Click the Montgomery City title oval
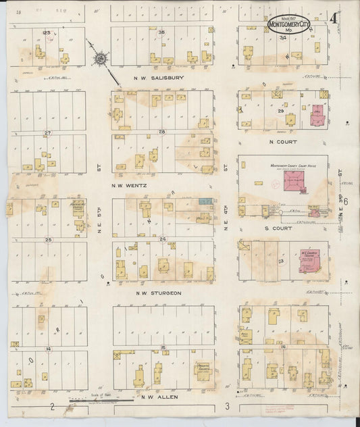(289, 24)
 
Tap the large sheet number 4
(334, 18)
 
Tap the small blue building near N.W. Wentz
(205, 201)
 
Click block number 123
(46, 32)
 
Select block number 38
(161, 32)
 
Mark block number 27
(47, 132)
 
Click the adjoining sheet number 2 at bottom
(52, 407)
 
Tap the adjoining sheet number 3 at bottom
(228, 405)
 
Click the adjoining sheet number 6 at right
(345, 201)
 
